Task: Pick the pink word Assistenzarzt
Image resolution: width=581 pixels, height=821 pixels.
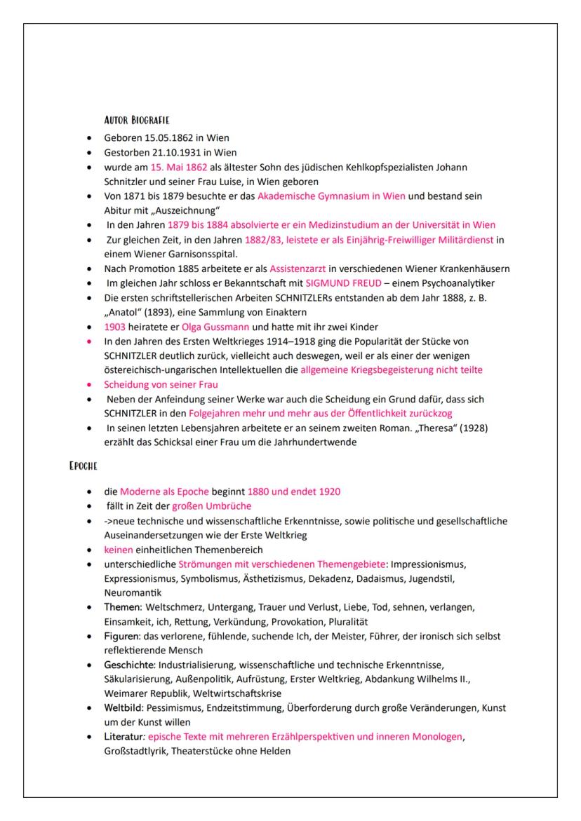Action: (298, 268)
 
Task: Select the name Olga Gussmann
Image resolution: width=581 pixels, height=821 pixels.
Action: (211, 327)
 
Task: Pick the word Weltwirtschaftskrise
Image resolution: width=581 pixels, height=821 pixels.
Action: (233, 694)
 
